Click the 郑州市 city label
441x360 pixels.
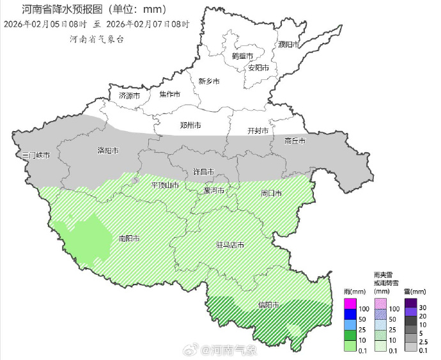point(190,125)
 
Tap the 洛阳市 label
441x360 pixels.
point(108,151)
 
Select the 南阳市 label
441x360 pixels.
point(130,239)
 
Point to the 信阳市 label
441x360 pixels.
point(268,305)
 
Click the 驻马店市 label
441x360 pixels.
point(231,245)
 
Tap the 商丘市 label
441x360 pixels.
point(295,141)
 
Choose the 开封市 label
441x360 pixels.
point(258,130)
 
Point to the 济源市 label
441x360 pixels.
point(129,95)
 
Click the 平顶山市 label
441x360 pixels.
point(165,185)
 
